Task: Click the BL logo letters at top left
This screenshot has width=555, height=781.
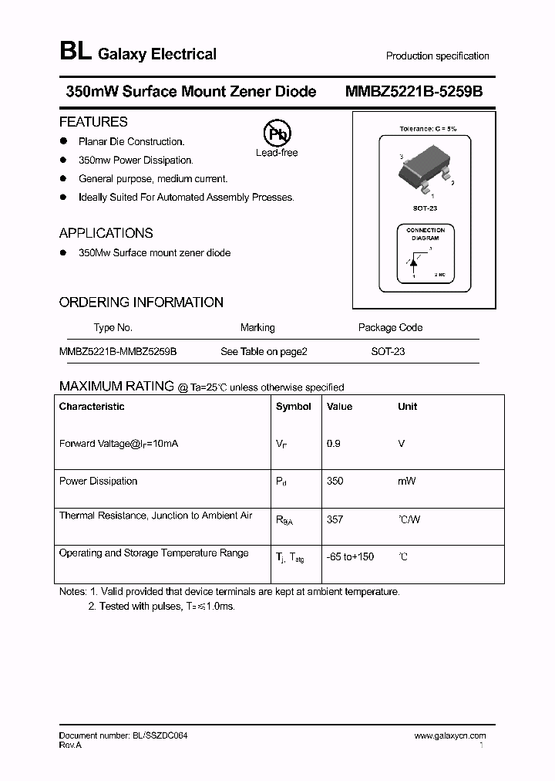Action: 75,52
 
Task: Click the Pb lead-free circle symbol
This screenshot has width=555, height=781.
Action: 277,134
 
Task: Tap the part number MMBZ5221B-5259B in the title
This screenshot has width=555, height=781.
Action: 414,91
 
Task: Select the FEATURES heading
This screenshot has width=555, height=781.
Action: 93,122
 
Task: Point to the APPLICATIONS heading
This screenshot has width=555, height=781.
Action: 106,233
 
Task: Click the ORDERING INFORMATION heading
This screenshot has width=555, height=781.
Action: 141,303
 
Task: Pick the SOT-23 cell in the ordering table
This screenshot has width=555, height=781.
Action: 388,351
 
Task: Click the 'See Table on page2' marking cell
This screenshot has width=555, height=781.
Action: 264,351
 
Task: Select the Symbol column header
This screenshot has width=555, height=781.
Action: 293,407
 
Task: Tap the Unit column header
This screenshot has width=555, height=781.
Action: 407,407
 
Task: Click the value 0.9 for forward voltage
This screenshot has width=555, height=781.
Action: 334,444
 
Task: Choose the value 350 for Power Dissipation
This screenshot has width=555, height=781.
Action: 335,481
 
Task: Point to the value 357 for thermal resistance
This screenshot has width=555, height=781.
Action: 335,519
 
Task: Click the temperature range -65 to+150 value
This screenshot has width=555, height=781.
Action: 350,556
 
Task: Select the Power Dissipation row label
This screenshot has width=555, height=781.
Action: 98,481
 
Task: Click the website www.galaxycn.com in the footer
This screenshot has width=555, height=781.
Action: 450,736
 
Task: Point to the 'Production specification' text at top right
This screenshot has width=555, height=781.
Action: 437,56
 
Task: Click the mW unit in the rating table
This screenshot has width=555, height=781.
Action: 406,481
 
